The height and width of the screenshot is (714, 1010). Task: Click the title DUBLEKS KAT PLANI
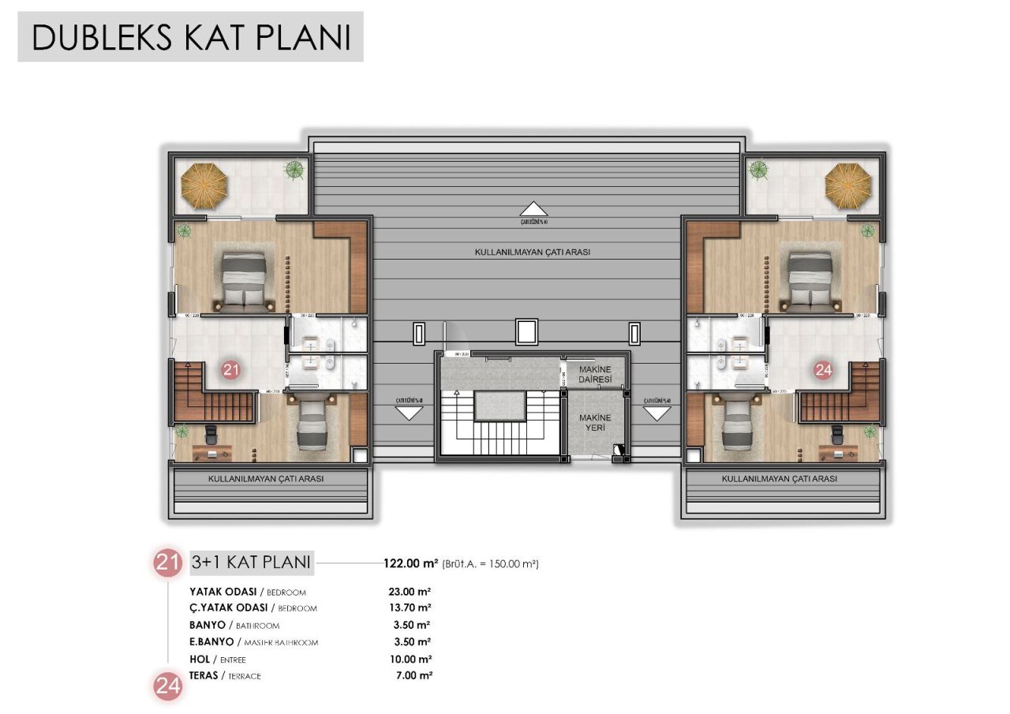click(191, 38)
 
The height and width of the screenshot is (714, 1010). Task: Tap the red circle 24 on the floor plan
click(823, 368)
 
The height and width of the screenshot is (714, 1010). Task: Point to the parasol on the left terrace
click(204, 185)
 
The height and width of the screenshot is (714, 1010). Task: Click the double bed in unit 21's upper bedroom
click(244, 281)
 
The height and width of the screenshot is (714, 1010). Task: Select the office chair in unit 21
click(211, 433)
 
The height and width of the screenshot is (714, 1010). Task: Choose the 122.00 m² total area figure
click(410, 563)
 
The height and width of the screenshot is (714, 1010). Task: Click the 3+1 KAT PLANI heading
click(250, 563)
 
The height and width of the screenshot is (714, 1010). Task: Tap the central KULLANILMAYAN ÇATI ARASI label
click(533, 252)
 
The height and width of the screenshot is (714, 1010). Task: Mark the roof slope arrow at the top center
click(534, 209)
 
